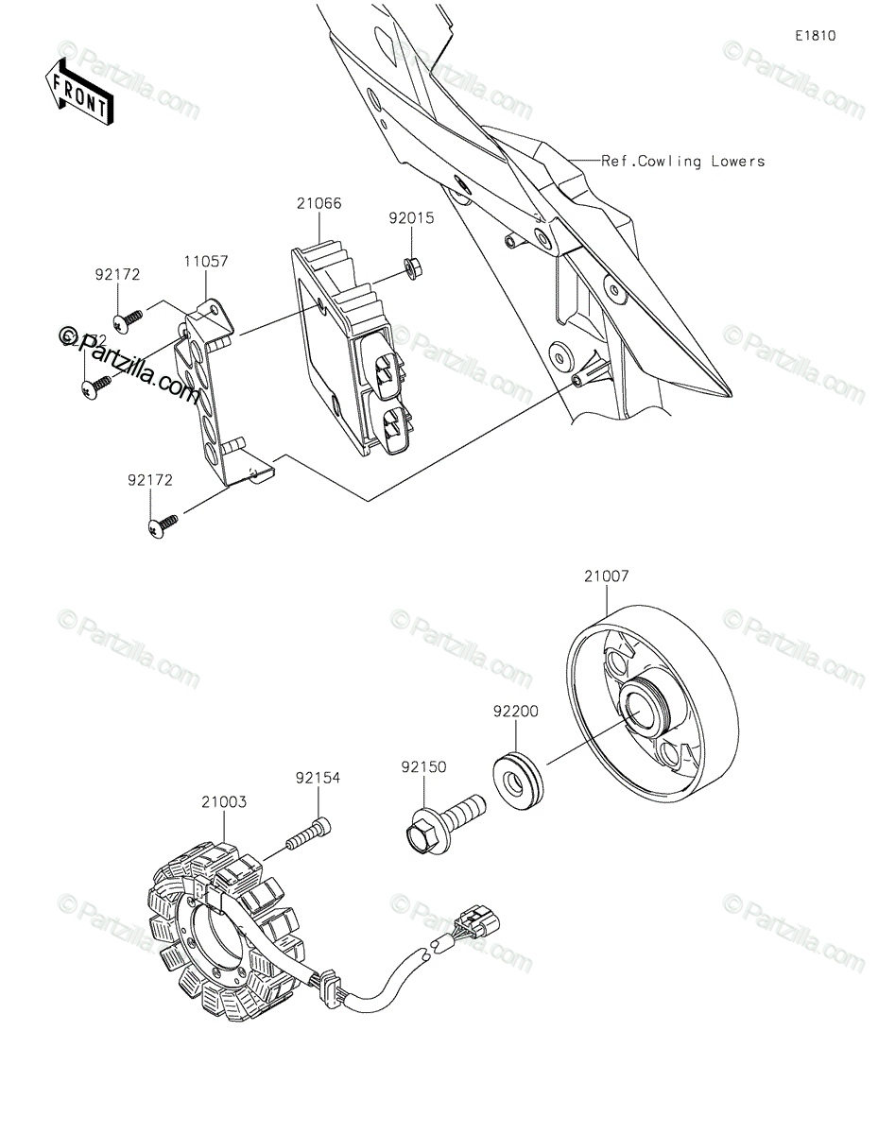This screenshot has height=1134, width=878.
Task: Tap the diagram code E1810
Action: click(815, 37)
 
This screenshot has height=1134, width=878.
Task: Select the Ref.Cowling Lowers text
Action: click(683, 162)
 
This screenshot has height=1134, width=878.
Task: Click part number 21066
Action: click(318, 203)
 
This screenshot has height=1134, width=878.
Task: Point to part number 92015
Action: click(410, 217)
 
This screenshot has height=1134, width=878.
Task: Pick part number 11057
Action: click(206, 260)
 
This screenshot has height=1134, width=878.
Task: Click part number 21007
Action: click(606, 575)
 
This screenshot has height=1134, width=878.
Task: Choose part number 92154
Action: click(318, 779)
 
